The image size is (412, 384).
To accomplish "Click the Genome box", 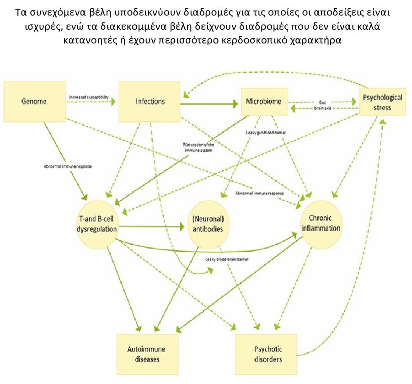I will pyautogui.click(x=35, y=101).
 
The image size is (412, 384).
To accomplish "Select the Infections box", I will pyautogui.click(x=150, y=101).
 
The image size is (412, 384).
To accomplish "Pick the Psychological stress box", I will pyautogui.click(x=382, y=102).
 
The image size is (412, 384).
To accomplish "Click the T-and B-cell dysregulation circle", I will pyautogui.click(x=96, y=222).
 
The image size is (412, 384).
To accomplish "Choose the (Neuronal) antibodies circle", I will pyautogui.click(x=208, y=222).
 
